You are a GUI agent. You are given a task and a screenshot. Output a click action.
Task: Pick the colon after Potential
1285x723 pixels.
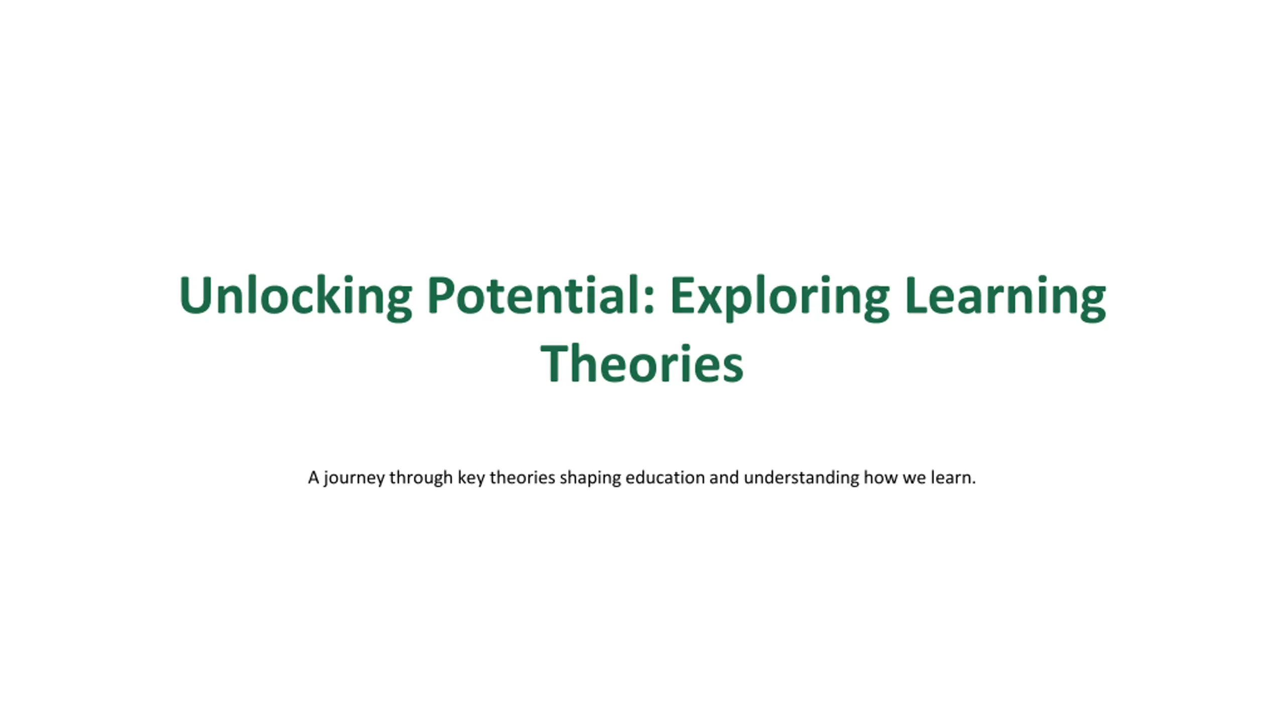[x=649, y=301]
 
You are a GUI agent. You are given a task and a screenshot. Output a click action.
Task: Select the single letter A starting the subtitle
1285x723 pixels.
[x=314, y=477]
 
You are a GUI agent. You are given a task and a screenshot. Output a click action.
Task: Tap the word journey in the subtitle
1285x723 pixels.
[x=354, y=478]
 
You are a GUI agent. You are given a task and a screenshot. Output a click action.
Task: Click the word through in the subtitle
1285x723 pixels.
[x=421, y=478]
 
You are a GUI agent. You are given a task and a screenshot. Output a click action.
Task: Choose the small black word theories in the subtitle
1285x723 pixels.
[x=523, y=477]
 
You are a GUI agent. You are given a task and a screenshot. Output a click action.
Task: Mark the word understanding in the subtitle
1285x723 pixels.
[x=802, y=478]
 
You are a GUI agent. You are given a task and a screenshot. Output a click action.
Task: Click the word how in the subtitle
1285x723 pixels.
[x=881, y=477]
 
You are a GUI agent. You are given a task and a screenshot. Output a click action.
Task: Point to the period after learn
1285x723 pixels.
[x=974, y=483]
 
